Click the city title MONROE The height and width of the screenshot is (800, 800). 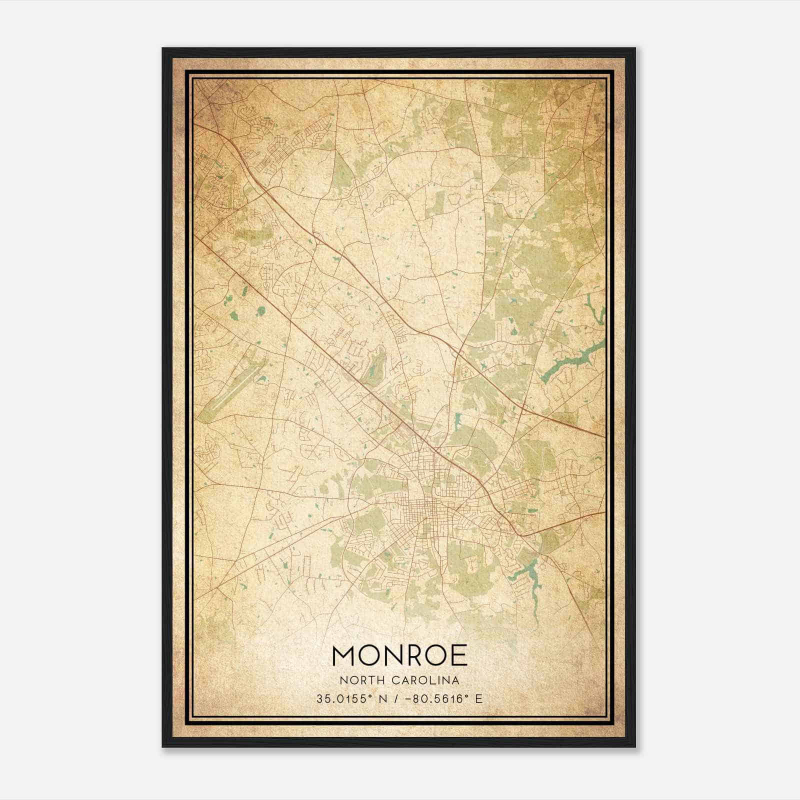[x=399, y=655]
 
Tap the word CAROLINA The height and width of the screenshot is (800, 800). [x=426, y=680]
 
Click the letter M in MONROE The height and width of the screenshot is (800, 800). [x=342, y=655]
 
